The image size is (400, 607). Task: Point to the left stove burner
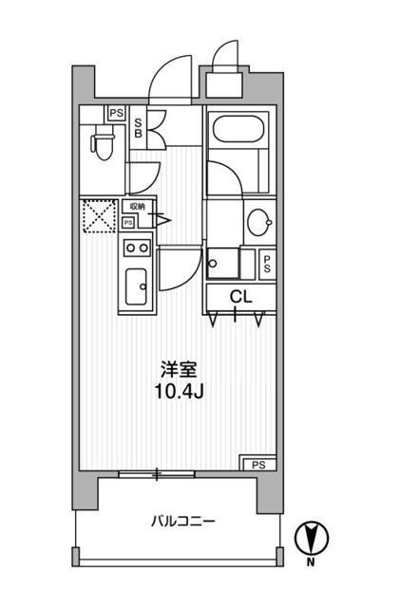[x=130, y=248]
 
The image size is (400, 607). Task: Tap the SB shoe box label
[x=139, y=126]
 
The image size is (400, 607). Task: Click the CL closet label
[x=240, y=296]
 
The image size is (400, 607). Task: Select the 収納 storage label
[x=137, y=206]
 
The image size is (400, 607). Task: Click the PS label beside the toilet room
[x=116, y=113]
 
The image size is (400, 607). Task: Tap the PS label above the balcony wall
[x=258, y=464]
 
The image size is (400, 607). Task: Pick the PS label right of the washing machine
[x=268, y=264]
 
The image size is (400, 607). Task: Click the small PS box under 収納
[x=128, y=222]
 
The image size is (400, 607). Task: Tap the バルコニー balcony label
[x=182, y=522]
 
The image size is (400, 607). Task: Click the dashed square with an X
[x=98, y=215]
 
